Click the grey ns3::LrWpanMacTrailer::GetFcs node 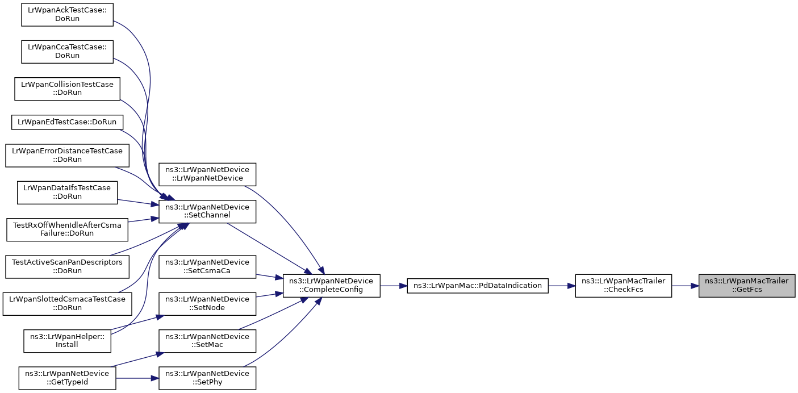coord(747,286)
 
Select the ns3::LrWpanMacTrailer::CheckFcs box coord(624,286)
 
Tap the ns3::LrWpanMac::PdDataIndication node coord(477,286)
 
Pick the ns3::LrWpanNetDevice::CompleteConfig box coord(331,286)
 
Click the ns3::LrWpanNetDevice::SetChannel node coord(207,212)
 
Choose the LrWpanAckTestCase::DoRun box coord(68,15)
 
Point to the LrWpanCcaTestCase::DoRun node coord(68,52)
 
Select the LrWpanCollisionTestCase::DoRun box coord(68,89)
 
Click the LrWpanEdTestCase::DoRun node coord(68,122)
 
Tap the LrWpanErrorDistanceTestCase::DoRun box coord(68,156)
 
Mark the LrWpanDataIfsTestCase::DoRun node coord(68,193)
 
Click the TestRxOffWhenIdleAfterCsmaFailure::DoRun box coord(68,230)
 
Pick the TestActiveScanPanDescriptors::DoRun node coord(68,267)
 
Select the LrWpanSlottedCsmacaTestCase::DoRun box coord(68,304)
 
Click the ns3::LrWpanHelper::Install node coord(68,341)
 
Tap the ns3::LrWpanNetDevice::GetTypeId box coord(68,378)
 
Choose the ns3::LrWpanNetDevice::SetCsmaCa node coord(207,267)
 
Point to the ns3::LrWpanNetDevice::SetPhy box coord(207,378)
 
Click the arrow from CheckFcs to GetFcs coord(685,286)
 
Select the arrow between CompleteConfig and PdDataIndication coord(394,286)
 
